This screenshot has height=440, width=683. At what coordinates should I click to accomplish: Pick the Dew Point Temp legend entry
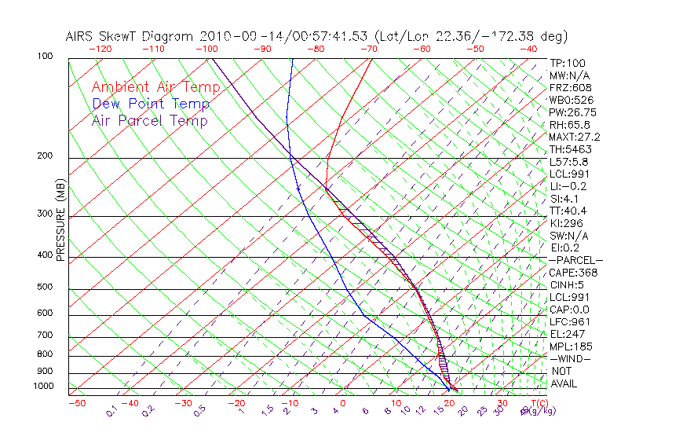pyautogui.click(x=150, y=104)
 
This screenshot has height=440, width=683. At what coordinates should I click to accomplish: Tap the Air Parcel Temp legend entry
pyautogui.click(x=149, y=120)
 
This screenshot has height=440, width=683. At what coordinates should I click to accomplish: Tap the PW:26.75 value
pyautogui.click(x=570, y=112)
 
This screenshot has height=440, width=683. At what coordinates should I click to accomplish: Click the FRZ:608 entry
pyautogui.click(x=567, y=88)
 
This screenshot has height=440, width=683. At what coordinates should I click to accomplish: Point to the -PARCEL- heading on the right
pyautogui.click(x=575, y=260)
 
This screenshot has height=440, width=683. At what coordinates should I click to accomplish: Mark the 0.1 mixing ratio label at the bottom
pyautogui.click(x=111, y=411)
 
